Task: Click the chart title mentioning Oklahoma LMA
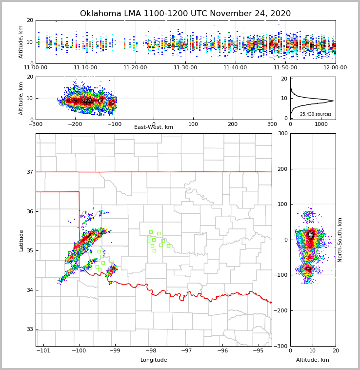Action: (x=185, y=14)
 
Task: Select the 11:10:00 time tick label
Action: (x=85, y=67)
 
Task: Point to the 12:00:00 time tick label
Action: (x=335, y=67)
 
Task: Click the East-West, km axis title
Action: (x=154, y=127)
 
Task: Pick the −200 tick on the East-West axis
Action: (x=75, y=124)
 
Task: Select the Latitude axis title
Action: (x=21, y=240)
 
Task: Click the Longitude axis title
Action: (x=154, y=360)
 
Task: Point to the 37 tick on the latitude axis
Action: (x=30, y=172)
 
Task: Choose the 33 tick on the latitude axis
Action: (x=30, y=329)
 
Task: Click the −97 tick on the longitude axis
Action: (x=186, y=351)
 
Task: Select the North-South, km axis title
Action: (x=340, y=240)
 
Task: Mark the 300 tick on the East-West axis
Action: (x=272, y=124)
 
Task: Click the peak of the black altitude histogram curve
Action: (x=333, y=101)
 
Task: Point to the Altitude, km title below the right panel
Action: (x=313, y=360)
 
